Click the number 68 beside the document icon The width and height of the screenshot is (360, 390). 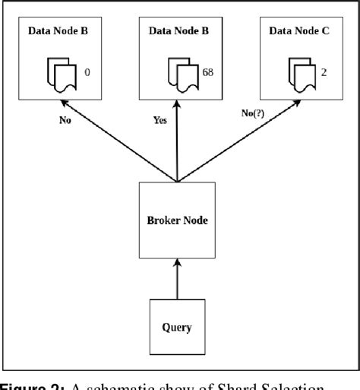[207, 72]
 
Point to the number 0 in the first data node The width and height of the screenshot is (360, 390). [87, 72]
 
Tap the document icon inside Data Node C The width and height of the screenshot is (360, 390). [302, 74]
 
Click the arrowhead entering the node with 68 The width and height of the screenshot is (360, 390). [176, 106]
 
